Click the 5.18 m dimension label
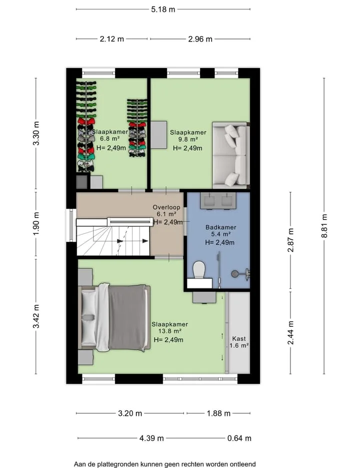163,9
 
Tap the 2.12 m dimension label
111,39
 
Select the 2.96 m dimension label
200,39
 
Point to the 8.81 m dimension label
324,226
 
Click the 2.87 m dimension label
290,240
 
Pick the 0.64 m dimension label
239,438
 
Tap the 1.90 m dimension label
36,224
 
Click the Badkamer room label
220,227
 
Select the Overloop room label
166,207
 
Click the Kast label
239,339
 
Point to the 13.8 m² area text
169,331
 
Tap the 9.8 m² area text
188,139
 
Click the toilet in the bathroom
199,269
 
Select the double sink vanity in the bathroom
218,201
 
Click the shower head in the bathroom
235,273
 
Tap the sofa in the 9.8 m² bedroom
231,155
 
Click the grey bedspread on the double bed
128,317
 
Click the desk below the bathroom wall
204,297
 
